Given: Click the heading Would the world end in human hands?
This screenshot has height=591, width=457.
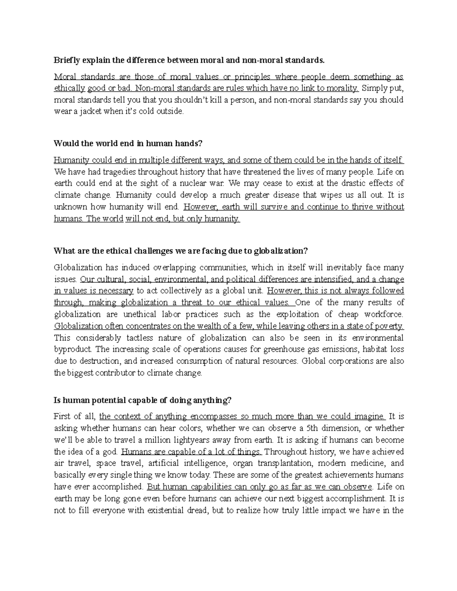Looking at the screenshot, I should pyautogui.click(x=128, y=143).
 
